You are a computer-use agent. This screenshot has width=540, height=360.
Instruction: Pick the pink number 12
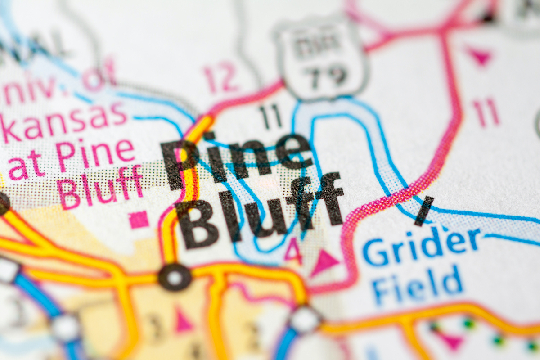(x=220, y=76)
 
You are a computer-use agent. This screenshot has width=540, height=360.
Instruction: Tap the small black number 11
(x=270, y=116)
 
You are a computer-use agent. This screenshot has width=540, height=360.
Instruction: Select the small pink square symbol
(x=139, y=220)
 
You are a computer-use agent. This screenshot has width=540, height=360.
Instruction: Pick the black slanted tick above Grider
(x=424, y=211)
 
